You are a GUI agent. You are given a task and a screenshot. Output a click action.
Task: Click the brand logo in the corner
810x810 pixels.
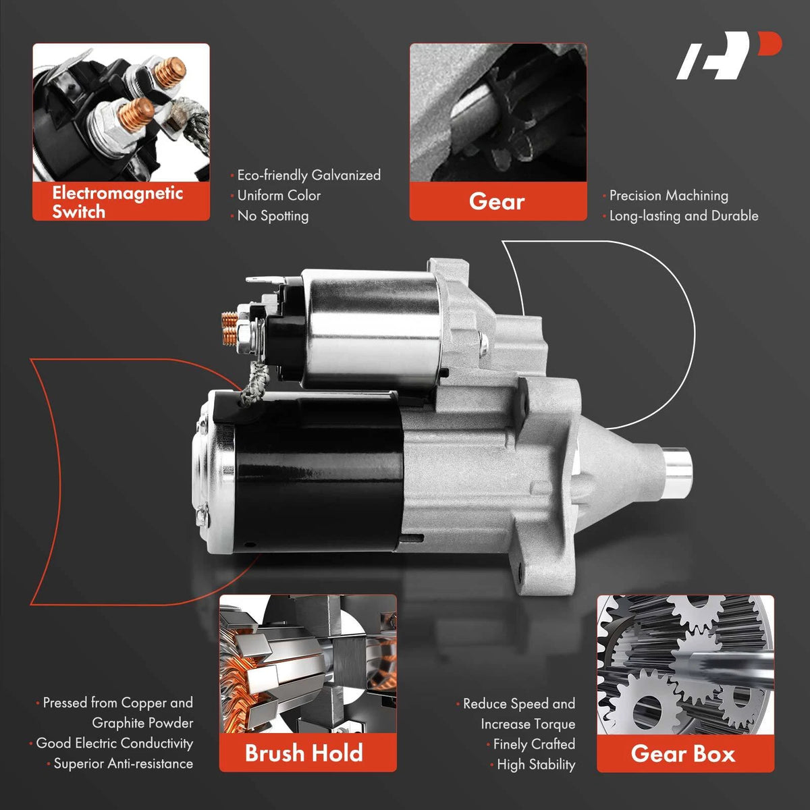[729, 55]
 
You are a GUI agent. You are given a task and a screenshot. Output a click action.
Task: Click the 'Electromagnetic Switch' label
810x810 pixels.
[117, 202]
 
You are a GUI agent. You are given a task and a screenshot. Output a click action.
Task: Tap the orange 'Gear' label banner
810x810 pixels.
[497, 201]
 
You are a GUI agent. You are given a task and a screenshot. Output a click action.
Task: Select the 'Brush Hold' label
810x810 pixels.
[304, 753]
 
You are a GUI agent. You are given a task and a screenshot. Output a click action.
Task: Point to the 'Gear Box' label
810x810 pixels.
[683, 753]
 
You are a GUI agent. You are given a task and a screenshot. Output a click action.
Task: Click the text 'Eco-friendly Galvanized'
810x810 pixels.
[309, 175]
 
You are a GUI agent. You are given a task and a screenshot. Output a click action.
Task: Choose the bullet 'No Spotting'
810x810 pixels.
[273, 215]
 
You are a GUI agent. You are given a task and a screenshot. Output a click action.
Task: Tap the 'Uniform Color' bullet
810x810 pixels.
[279, 196]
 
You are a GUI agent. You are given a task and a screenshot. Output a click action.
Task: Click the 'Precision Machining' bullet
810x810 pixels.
[668, 196]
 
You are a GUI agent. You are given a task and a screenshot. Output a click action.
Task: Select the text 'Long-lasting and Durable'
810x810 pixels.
[684, 215]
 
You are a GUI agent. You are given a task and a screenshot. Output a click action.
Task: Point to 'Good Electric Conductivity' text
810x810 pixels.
[114, 742]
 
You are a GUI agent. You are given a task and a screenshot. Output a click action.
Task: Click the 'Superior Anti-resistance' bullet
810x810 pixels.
[123, 763]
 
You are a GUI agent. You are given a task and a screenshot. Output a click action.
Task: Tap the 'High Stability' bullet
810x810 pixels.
[536, 764]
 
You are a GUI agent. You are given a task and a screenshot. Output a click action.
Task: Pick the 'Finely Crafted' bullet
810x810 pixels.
[534, 744]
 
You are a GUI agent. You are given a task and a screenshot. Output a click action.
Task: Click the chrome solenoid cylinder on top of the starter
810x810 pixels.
[371, 328]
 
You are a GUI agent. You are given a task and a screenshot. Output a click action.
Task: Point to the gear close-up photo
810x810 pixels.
[498, 113]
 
